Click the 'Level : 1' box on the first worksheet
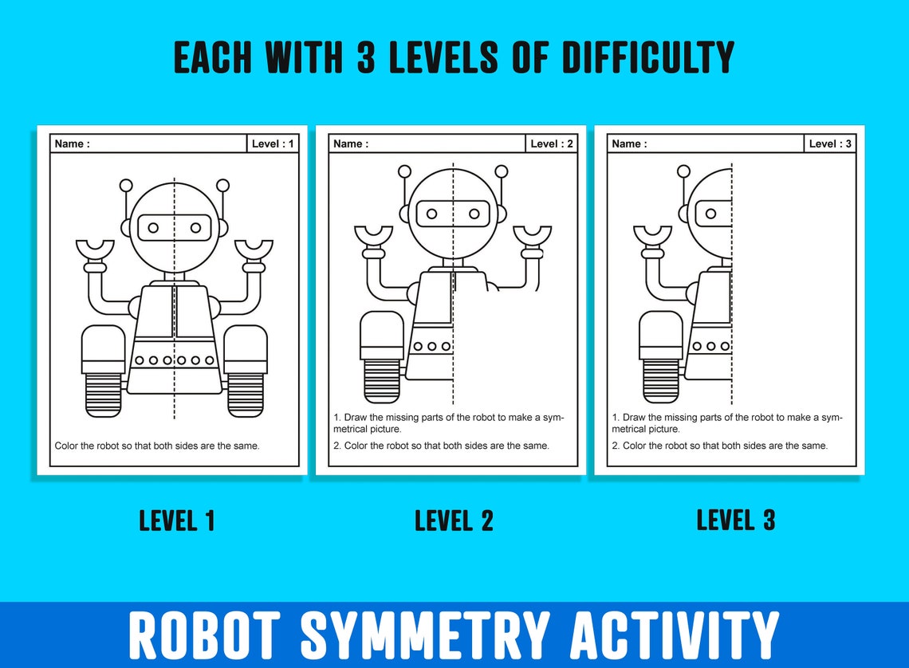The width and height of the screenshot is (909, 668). point(273,143)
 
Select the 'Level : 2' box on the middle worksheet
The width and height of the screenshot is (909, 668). point(551,143)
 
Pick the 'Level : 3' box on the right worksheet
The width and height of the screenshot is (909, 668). point(830,143)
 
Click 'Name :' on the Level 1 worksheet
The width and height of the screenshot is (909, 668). point(72,143)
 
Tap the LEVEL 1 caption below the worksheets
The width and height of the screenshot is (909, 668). point(177,521)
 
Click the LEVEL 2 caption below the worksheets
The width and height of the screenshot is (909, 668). point(454,521)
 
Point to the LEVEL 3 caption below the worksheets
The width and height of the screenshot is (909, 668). point(735,520)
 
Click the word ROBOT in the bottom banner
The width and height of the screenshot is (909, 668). point(205,636)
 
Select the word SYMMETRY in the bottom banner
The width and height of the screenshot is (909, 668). point(425,636)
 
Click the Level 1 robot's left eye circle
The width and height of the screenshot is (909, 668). point(153,227)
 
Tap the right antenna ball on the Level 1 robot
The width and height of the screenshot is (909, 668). point(222,186)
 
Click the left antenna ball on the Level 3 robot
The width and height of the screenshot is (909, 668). point(683,171)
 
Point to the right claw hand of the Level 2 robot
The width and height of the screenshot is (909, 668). point(532,236)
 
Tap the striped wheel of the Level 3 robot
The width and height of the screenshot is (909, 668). point(661,381)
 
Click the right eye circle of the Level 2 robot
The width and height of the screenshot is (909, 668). point(474,214)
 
